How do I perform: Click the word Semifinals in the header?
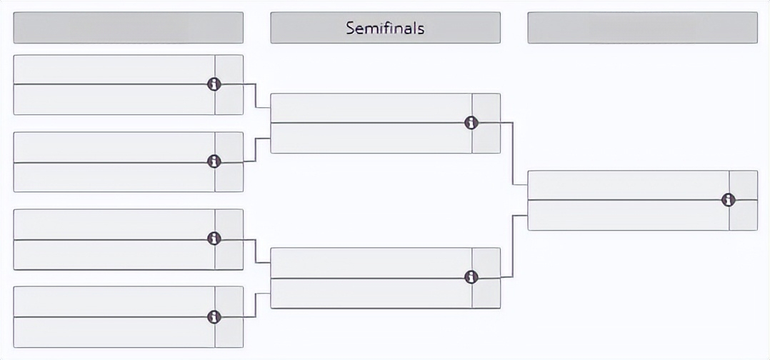(x=385, y=28)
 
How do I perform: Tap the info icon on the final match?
(x=729, y=200)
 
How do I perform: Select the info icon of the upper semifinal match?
(x=471, y=123)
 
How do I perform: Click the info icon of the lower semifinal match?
(x=471, y=277)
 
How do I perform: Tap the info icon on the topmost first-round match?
(x=214, y=84)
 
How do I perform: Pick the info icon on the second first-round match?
(x=214, y=161)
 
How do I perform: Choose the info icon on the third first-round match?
(x=214, y=239)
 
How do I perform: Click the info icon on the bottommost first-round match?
(x=214, y=316)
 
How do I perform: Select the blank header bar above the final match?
(x=643, y=28)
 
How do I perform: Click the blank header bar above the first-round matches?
(x=128, y=28)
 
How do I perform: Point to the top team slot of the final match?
(x=629, y=185)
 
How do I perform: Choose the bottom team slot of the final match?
(x=629, y=215)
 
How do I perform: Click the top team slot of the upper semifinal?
(x=371, y=108)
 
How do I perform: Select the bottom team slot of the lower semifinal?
(x=371, y=293)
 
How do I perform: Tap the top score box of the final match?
(x=744, y=185)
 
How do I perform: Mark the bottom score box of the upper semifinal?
(x=486, y=138)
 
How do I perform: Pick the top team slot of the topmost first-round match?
(x=114, y=69)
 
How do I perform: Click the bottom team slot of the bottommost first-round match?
(x=114, y=332)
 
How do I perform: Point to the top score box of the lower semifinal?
(x=486, y=263)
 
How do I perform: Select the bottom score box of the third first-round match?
(x=229, y=255)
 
